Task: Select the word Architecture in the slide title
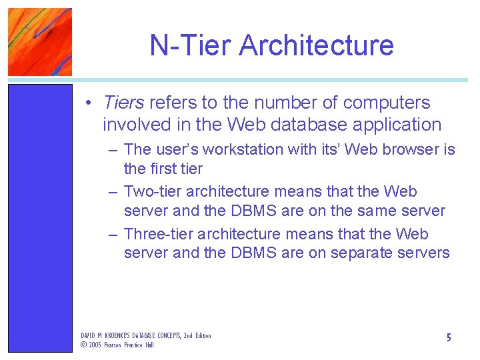[x=317, y=45]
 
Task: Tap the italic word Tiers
[x=123, y=103]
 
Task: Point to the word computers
[x=387, y=103]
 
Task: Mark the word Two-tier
[x=153, y=192]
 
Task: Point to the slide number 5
[x=449, y=338]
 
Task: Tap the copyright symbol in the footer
[x=84, y=345]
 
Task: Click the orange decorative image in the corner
[x=39, y=41]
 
